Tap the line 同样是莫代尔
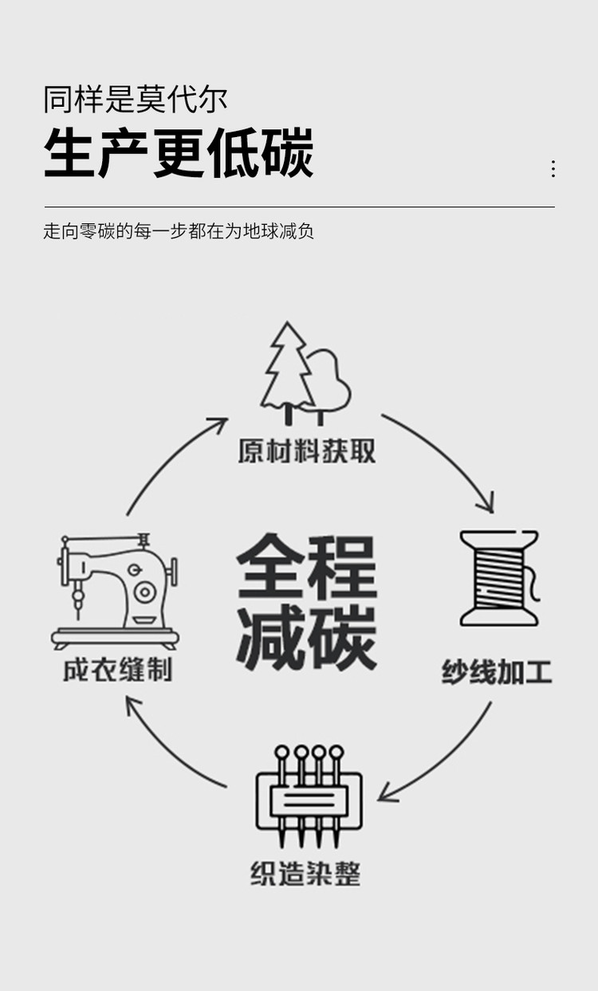click(136, 100)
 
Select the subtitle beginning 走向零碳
click(178, 232)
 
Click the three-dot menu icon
click(553, 169)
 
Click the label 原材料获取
click(306, 452)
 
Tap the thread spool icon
click(500, 577)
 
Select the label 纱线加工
click(497, 671)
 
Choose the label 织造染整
click(305, 874)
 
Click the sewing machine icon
click(116, 591)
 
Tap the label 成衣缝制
click(117, 670)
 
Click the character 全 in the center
click(271, 567)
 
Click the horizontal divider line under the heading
click(298, 207)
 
